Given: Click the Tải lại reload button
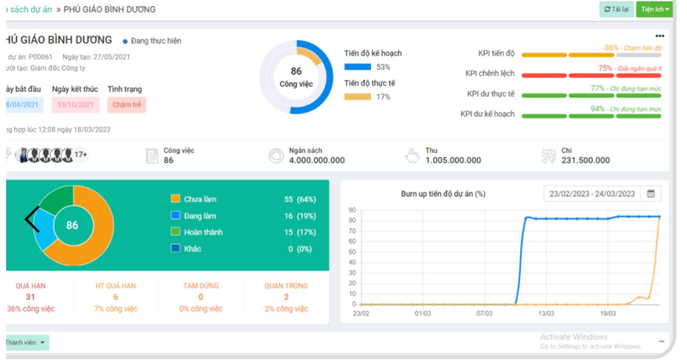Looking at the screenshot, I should pos(616,9).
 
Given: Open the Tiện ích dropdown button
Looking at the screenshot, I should pos(654,9).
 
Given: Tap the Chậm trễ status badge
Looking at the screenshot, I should pos(127,105).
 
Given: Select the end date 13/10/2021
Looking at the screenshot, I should pos(76,105).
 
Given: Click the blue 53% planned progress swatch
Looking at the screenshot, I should pos(357,67).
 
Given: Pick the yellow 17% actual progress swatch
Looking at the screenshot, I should pos(357,97).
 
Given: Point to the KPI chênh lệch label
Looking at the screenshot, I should pos(490,74).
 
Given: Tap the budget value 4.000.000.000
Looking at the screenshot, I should pos(317,160).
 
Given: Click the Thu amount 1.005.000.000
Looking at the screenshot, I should pos(453,160).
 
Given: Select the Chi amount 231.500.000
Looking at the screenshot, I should pos(585,160).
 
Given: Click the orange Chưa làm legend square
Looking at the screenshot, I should pos(175,199).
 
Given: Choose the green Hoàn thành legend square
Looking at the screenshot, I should pos(175,232).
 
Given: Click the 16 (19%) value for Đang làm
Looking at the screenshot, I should pos(300,216).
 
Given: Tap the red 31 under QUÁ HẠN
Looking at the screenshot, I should pos(30,297).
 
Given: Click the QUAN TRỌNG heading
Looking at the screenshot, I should pos(286,286).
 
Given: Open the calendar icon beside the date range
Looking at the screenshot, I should pos(651,194).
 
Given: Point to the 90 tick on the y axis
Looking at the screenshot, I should pos(352,210).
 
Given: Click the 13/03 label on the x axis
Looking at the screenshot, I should pos(546,314).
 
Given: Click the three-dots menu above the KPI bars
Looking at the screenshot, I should pos(660,36).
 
